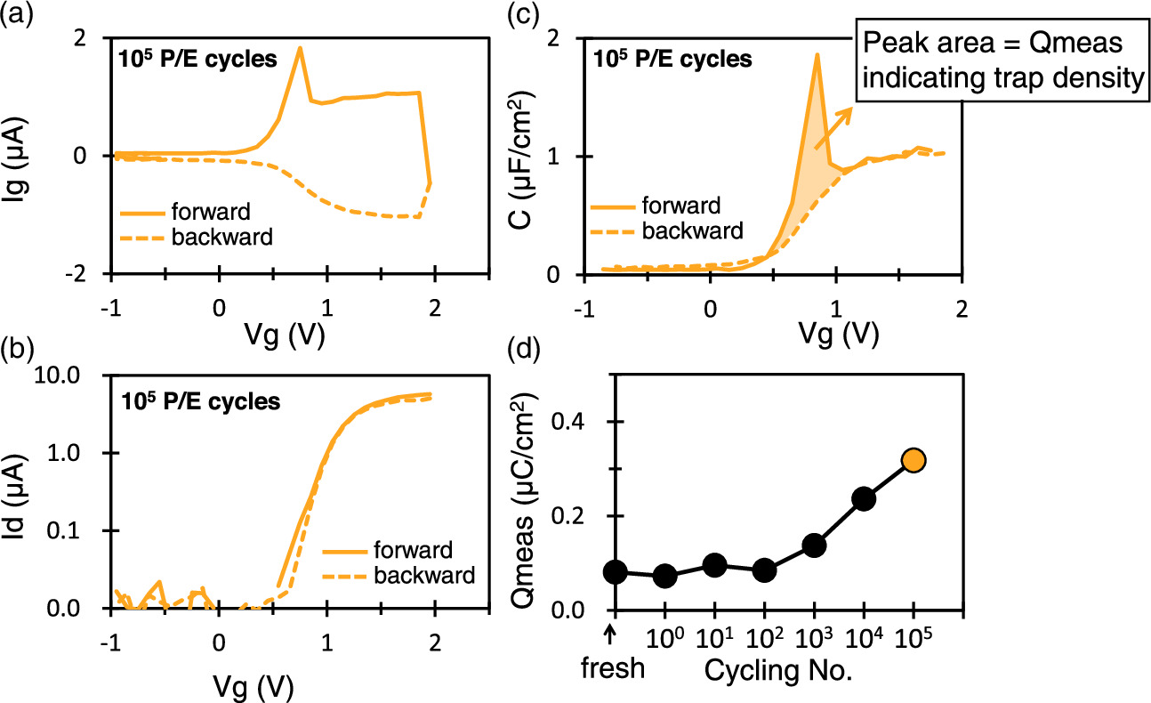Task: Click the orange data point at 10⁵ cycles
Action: point(914,460)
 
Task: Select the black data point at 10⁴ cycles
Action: point(864,498)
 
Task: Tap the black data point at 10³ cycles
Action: point(814,545)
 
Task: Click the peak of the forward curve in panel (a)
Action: point(300,48)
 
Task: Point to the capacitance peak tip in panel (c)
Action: point(816,55)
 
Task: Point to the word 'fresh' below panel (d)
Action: point(614,668)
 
